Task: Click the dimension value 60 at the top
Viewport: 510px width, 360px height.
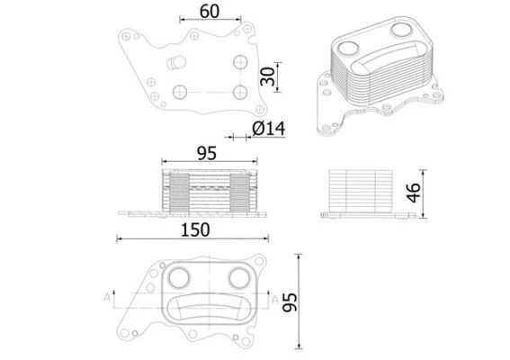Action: point(209,13)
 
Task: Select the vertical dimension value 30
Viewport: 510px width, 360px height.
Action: point(267,77)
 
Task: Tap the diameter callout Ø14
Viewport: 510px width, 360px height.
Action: point(267,129)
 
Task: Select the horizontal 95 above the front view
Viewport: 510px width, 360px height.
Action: point(206,154)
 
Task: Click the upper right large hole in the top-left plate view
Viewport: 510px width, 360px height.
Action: point(238,61)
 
